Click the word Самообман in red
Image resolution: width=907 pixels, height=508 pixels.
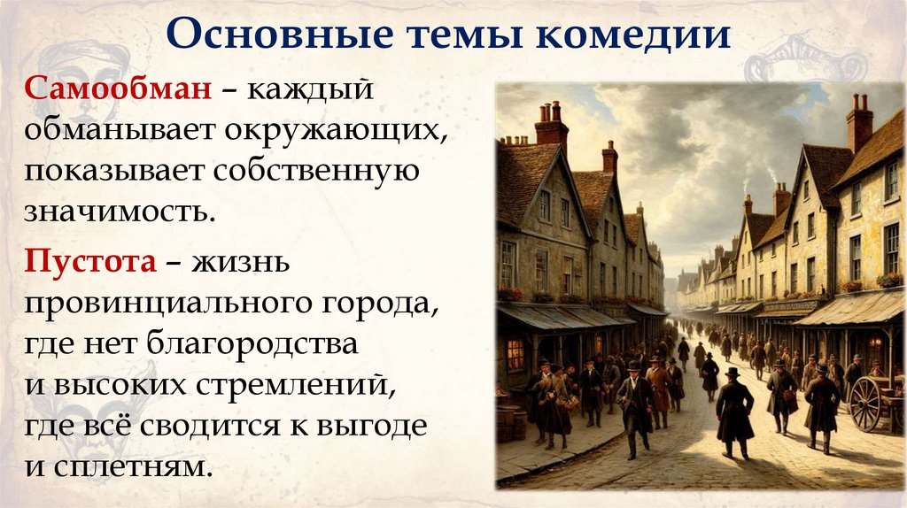point(118,91)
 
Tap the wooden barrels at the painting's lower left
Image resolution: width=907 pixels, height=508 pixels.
point(512,423)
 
